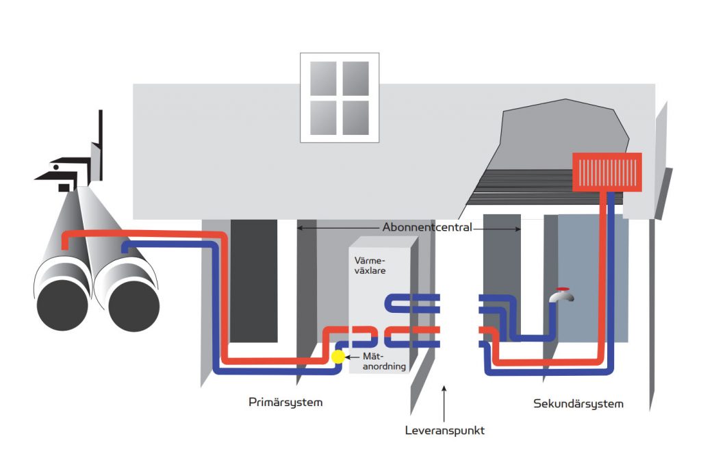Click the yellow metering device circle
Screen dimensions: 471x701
click(x=338, y=357)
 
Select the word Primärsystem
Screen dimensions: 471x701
click(x=285, y=403)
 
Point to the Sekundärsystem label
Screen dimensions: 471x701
click(x=578, y=404)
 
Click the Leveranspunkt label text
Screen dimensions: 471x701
click(x=445, y=431)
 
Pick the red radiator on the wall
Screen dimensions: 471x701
click(x=607, y=171)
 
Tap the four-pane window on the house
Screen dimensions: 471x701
click(x=340, y=98)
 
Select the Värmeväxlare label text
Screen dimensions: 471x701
click(x=370, y=266)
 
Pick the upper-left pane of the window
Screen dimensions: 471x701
click(x=323, y=79)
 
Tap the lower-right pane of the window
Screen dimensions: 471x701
click(x=356, y=118)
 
